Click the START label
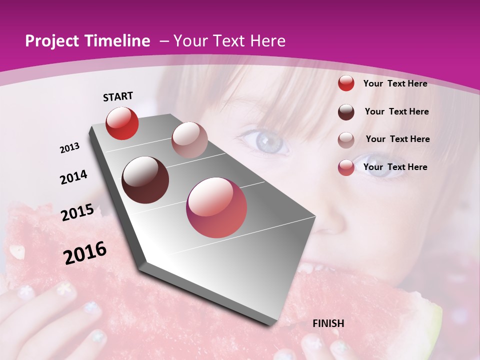pos(118,96)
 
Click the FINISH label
pos(328,323)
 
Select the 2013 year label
pos(70,148)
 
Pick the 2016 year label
pos(85,253)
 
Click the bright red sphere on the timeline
pos(122,123)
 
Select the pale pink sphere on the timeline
pos(189,140)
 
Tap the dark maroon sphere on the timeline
pos(145,180)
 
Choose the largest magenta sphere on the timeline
pos(216,207)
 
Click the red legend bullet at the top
pos(346,83)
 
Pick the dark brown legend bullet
pos(346,111)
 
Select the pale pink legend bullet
pos(346,139)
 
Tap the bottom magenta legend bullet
pos(346,167)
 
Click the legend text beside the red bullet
pos(395,83)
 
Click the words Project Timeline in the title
pos(87,41)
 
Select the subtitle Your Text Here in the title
pos(229,41)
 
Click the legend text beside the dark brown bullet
pos(396,111)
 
